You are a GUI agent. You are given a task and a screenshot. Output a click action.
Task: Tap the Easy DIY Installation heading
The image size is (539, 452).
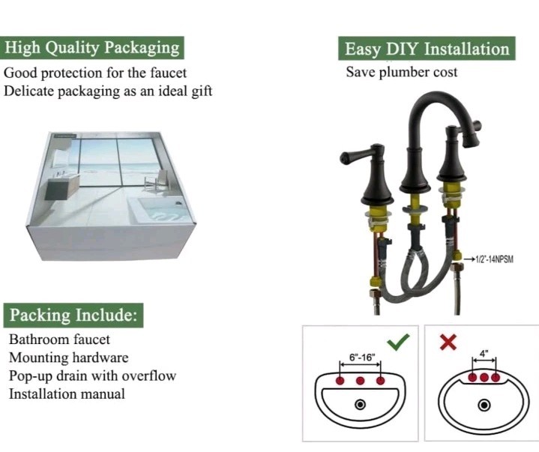(427, 49)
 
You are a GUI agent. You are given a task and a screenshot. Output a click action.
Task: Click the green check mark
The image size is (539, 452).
(399, 341)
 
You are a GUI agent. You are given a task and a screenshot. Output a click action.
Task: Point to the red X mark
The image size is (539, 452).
(448, 342)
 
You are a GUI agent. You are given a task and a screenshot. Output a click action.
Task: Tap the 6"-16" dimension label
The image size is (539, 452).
(361, 358)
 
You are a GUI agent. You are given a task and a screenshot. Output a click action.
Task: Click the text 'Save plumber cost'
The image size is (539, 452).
(401, 73)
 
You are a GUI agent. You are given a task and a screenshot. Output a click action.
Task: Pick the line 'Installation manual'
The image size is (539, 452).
(67, 394)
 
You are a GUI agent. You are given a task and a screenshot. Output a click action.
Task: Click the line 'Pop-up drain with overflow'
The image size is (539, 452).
(92, 376)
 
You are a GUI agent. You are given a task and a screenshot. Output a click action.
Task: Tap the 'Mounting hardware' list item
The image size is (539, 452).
(68, 358)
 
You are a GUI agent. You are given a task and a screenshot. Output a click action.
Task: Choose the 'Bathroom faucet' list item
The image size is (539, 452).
(59, 340)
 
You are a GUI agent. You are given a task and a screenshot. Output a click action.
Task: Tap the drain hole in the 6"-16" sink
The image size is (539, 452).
(361, 404)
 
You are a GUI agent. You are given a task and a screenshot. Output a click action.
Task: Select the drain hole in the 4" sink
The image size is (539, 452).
(484, 406)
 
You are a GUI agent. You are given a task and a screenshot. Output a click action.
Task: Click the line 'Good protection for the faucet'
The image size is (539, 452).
(95, 73)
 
